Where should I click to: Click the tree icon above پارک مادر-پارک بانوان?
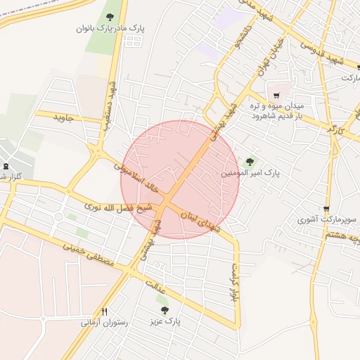(x=109, y=16)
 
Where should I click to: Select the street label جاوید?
(x=64, y=119)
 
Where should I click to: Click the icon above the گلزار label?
(x=6, y=166)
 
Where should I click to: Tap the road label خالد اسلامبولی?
(x=137, y=177)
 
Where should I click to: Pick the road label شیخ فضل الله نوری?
(x=118, y=207)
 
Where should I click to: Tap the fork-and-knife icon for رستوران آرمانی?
(x=105, y=311)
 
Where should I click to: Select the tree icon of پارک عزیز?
(x=165, y=310)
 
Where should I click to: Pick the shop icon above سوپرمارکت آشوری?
(x=326, y=209)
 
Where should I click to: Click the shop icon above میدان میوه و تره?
(x=276, y=95)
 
